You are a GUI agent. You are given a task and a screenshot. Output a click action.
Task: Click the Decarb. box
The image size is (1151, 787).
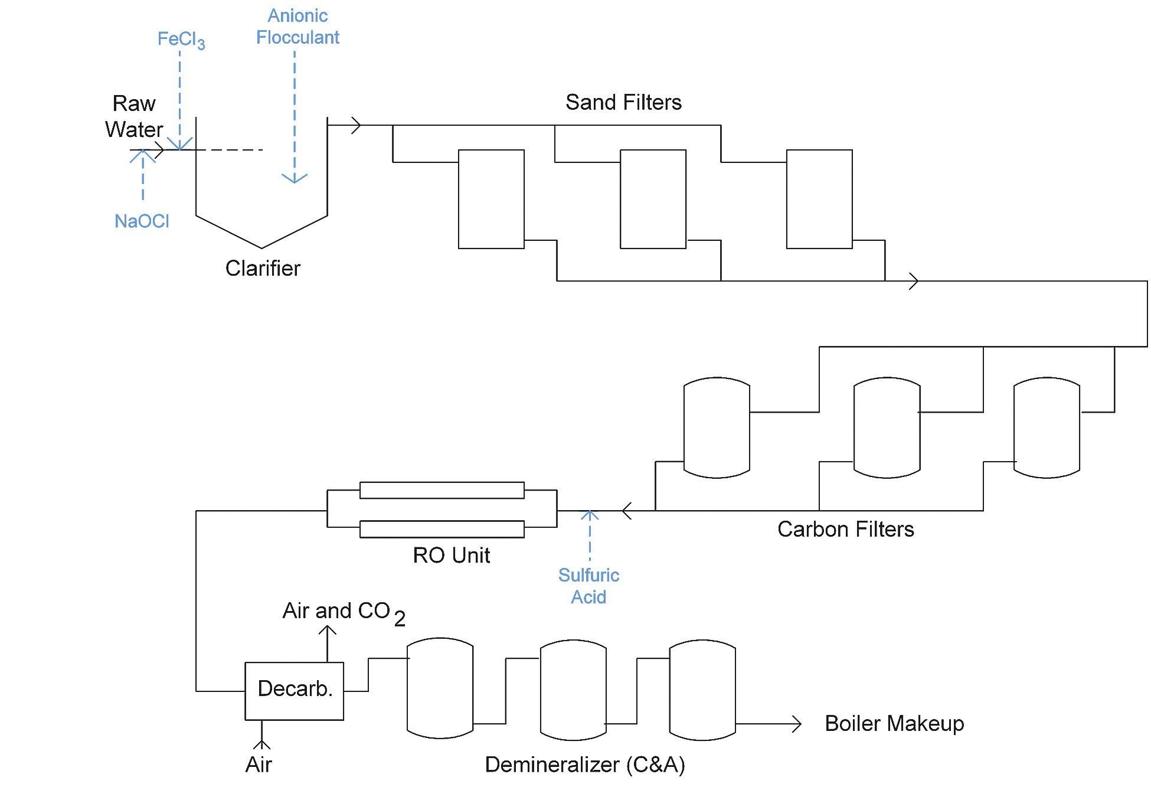pyautogui.click(x=294, y=690)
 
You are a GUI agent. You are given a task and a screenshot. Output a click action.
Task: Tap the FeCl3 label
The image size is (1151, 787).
pyautogui.click(x=181, y=40)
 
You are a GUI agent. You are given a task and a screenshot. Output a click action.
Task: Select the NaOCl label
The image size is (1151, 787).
pyautogui.click(x=142, y=221)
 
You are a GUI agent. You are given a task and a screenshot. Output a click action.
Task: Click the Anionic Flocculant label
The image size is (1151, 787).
pyautogui.click(x=297, y=27)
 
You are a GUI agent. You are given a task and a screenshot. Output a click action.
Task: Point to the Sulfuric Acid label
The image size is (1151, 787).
pyautogui.click(x=588, y=586)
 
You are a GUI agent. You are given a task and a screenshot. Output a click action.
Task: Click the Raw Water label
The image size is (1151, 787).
pyautogui.click(x=134, y=116)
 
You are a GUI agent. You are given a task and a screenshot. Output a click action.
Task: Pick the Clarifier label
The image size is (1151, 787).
pyautogui.click(x=263, y=269)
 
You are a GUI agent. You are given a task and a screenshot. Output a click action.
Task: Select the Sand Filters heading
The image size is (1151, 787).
pyautogui.click(x=623, y=102)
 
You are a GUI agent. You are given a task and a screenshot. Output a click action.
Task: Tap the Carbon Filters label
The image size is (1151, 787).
pyautogui.click(x=845, y=529)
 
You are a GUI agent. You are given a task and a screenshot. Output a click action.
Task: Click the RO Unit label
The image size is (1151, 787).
pyautogui.click(x=451, y=555)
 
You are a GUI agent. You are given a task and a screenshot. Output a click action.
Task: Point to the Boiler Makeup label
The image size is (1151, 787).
pyautogui.click(x=894, y=723)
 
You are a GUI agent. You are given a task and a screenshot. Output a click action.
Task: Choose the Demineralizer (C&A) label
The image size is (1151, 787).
pyautogui.click(x=584, y=765)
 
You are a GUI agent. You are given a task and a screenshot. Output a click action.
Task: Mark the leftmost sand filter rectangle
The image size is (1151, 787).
pyautogui.click(x=491, y=199)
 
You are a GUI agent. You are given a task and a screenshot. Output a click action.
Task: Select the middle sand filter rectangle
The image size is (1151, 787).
pyautogui.click(x=653, y=199)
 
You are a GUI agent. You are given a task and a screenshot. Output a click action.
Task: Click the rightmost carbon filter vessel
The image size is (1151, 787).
pyautogui.click(x=1047, y=427)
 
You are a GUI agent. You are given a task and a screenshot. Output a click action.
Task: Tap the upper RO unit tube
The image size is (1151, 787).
pyautogui.click(x=442, y=490)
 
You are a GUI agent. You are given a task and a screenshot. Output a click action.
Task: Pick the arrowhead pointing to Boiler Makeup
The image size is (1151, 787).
pyautogui.click(x=797, y=724)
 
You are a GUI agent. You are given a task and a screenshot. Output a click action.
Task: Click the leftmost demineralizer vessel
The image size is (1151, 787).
pyautogui.click(x=440, y=688)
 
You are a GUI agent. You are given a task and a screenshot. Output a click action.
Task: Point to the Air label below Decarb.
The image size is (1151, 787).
pyautogui.click(x=259, y=765)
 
